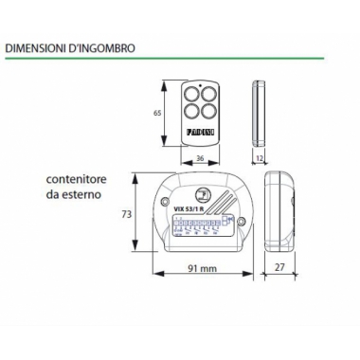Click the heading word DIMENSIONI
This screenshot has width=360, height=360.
click(34, 44)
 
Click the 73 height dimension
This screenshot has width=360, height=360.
click(126, 216)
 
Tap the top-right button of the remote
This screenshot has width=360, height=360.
click(207, 96)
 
